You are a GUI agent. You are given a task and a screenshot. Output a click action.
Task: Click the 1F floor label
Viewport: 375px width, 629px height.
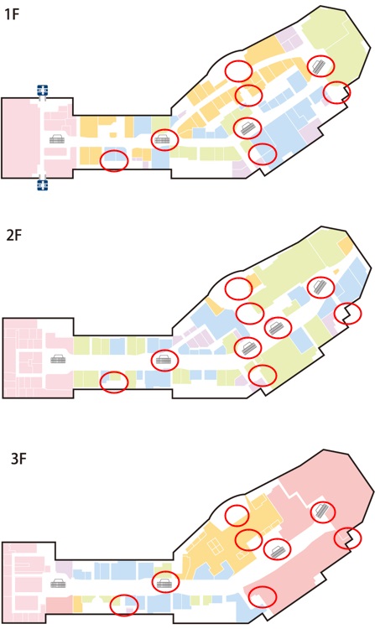pyautogui.click(x=12, y=14)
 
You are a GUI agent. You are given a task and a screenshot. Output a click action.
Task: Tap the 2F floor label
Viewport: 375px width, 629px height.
pyautogui.click(x=13, y=235)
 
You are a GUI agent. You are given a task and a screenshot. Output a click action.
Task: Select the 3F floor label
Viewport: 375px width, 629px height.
pyautogui.click(x=18, y=458)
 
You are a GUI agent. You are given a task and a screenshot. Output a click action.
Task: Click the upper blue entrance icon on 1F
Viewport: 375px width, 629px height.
pyautogui.click(x=43, y=90)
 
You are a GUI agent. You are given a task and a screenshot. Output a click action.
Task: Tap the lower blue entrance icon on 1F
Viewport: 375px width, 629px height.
pyautogui.click(x=43, y=185)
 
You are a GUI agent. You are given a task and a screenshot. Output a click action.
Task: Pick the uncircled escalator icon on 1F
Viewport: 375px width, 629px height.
pyautogui.click(x=56, y=138)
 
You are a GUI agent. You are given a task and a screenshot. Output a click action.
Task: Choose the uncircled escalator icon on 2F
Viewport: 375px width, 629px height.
pyautogui.click(x=58, y=359)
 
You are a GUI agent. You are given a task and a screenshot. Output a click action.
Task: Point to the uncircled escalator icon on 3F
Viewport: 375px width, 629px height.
pyautogui.click(x=58, y=583)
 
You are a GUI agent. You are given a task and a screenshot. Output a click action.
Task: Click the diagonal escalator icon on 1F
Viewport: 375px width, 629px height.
pyautogui.click(x=320, y=66)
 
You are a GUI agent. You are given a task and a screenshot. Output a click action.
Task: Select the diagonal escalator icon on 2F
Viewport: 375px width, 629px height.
pyautogui.click(x=320, y=287)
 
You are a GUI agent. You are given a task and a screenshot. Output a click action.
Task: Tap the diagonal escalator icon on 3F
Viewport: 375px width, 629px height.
pyautogui.click(x=322, y=512)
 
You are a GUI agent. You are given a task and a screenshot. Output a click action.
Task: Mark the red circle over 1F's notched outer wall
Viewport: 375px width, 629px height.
pyautogui.click(x=337, y=92)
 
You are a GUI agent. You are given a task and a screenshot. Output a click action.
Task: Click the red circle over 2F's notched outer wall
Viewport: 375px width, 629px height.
pyautogui.click(x=347, y=313)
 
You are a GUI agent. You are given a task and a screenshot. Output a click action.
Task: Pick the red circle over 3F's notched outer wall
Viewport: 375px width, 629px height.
pyautogui.click(x=347, y=538)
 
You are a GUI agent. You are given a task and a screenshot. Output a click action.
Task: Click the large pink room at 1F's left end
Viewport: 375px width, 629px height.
pyautogui.click(x=20, y=138)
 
